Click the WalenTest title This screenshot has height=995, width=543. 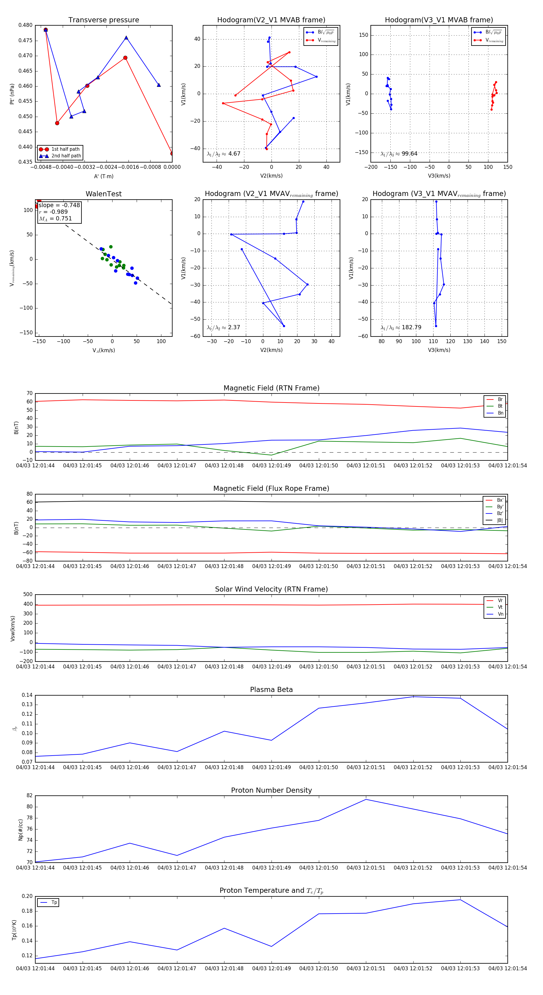(103, 194)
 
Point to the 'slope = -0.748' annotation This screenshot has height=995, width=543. (59, 205)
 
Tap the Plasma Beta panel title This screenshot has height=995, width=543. (271, 690)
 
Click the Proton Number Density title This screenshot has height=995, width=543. (271, 790)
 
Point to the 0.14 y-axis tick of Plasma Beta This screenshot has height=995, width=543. (27, 695)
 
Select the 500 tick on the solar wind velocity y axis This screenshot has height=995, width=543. (28, 595)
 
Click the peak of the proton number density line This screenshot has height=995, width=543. (366, 799)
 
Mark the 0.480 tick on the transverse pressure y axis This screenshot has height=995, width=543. (26, 25)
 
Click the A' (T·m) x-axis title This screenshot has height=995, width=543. (103, 176)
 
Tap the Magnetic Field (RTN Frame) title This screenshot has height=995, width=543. (271, 388)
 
